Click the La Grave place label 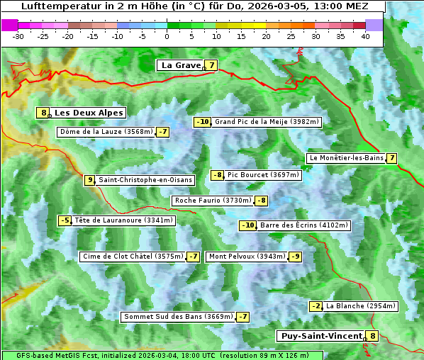pos(181,65)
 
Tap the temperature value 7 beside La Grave pos(211,65)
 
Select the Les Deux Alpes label pos(89,113)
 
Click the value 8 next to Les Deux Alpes pos(44,113)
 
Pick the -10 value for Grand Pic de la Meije pos(203,122)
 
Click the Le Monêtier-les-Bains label pos(346,157)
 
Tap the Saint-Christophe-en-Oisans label pos(145,180)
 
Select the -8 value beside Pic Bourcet pos(218,175)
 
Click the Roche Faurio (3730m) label pos(213,201)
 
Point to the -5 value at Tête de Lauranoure pos(65,220)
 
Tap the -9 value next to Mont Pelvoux pos(295,257)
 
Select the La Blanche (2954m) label pos(360,306)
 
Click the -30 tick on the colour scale pos(18,35)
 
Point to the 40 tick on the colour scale pos(365,35)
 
